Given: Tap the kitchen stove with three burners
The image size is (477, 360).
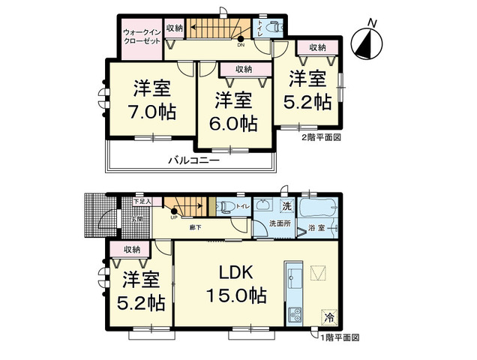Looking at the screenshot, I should point(295,313).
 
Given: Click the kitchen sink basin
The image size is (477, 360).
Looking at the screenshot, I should point(294,277).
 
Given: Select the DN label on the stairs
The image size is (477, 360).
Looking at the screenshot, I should point(241,44).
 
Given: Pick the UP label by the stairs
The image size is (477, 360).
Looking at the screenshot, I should point(173,217).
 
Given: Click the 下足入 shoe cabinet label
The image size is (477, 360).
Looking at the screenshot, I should point(142,201).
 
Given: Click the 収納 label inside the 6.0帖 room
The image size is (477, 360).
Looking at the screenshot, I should point(243,69).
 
